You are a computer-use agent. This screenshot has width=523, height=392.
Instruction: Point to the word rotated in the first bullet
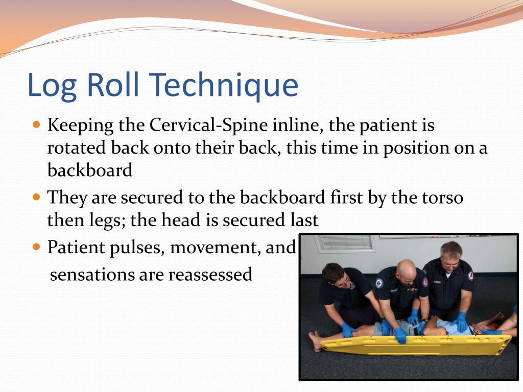pos(77,148)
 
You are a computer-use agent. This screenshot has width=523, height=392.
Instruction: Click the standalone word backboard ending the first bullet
pos(90,170)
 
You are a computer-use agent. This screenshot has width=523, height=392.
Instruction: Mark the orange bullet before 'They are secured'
pos(36,197)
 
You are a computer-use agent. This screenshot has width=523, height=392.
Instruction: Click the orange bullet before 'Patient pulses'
pos(36,247)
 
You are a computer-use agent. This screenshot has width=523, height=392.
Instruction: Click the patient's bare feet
pos(316,340)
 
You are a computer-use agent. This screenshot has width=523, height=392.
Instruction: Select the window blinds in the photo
pos(345,243)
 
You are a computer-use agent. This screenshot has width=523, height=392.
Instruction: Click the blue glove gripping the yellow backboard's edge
pos(401,335)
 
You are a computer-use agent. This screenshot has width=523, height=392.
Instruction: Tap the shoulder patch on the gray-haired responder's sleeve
pos(470,276)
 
